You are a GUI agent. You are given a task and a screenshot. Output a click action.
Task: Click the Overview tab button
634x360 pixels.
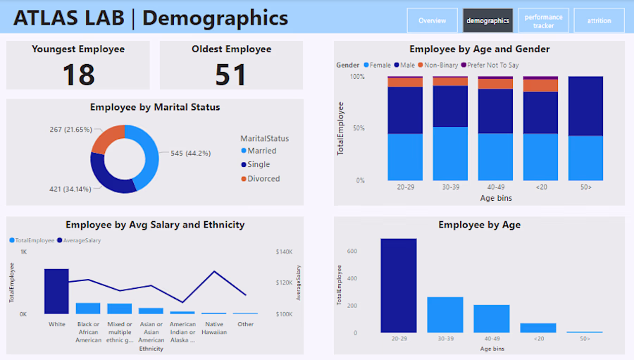point(432,20)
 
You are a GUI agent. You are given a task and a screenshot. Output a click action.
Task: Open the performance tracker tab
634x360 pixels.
point(543,20)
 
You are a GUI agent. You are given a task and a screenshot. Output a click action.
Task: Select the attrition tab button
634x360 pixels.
point(599,20)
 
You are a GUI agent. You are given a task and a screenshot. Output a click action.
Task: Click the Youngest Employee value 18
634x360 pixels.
point(78,73)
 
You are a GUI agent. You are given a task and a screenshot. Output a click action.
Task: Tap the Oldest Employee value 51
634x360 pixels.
point(231,73)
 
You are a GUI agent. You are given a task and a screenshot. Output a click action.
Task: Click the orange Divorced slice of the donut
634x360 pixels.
point(108,139)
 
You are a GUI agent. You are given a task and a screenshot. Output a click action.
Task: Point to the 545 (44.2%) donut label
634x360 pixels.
point(190,153)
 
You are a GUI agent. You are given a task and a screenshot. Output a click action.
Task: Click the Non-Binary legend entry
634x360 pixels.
point(442,66)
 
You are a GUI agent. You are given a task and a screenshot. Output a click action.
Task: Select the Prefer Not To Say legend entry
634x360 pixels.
point(492,66)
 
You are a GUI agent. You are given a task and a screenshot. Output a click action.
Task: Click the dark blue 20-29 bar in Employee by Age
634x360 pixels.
point(399,285)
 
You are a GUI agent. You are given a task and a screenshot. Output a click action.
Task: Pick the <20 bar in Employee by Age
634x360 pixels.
point(538,328)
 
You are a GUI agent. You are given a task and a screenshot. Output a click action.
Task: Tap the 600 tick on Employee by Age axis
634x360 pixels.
point(352,251)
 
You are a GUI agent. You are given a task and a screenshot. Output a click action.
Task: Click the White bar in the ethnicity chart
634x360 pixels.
point(56,291)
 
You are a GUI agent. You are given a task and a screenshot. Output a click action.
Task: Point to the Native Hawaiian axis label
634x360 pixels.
point(214,328)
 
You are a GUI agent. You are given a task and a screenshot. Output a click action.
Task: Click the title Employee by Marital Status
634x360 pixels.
point(155,108)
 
